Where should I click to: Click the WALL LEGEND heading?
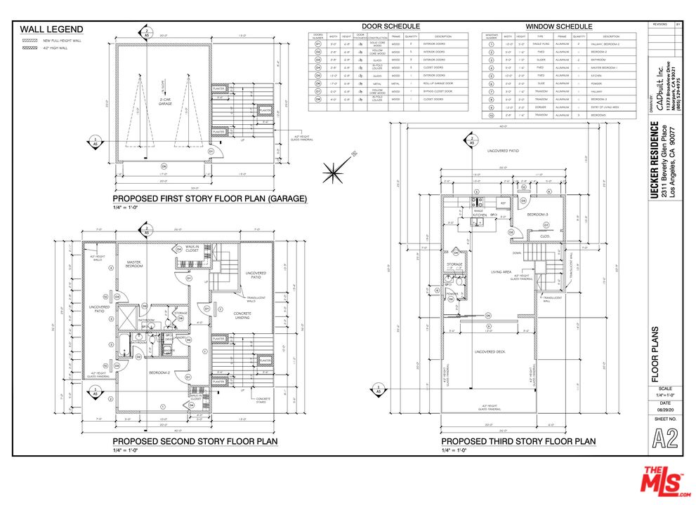coord(51,29)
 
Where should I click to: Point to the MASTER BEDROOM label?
coord(134,264)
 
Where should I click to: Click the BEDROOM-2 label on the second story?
coord(158,373)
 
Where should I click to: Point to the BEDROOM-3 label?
coord(538,215)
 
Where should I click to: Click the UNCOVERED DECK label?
coord(490,351)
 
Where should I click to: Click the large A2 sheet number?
coord(665,439)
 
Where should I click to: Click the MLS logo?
coord(662,483)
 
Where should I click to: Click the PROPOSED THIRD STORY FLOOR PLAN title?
coord(518,441)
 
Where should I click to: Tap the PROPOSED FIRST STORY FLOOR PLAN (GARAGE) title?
coord(210,198)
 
